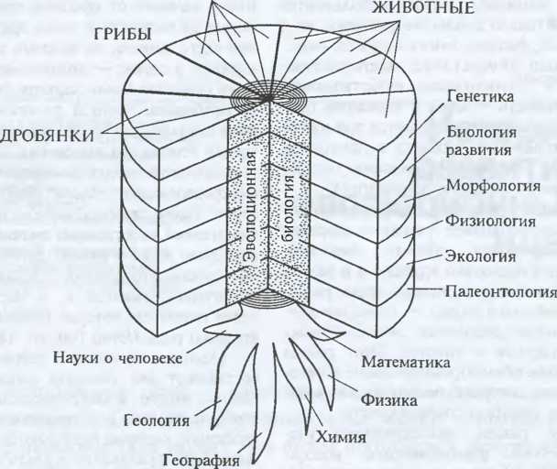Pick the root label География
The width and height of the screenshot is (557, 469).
coord(200,460)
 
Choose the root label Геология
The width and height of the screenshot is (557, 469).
coord(159,420)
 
